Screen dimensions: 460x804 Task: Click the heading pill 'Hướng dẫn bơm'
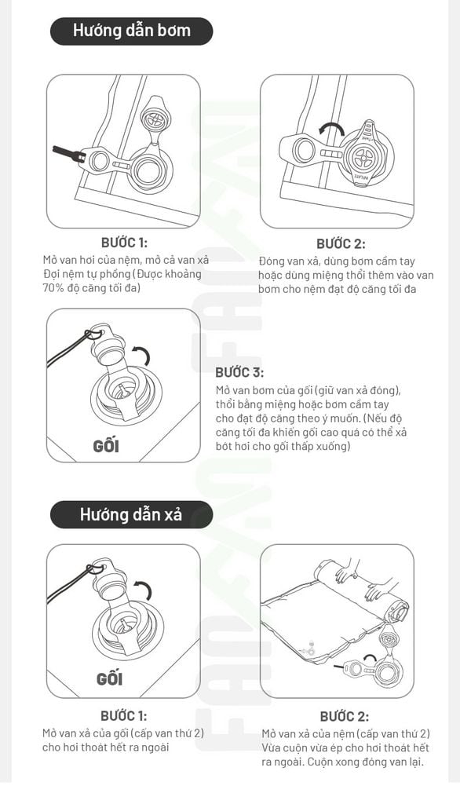[x=131, y=31]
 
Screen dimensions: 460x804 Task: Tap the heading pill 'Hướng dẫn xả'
[x=131, y=514]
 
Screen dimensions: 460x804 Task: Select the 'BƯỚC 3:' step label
[x=239, y=372]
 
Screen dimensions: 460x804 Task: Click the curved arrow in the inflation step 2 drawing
[x=330, y=127]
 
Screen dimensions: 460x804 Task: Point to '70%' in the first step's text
[x=54, y=287]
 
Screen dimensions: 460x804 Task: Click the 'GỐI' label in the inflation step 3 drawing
[x=106, y=446]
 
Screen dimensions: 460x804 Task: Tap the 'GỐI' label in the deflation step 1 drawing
[x=109, y=679]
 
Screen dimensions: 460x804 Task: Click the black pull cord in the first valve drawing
[x=66, y=153]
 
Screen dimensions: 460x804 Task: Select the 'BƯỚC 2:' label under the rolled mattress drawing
[x=344, y=717]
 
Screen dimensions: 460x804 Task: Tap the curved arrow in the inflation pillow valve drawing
[x=142, y=354]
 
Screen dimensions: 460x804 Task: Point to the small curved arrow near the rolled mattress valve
[x=369, y=659]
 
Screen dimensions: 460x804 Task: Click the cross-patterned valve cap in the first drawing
[x=155, y=120]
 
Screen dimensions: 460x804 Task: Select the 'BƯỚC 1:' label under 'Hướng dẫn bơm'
[x=124, y=243]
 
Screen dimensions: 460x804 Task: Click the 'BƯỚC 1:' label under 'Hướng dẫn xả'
[x=123, y=716]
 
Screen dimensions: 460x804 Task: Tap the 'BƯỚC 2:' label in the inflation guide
[x=341, y=243]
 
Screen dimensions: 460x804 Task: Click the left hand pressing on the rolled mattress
[x=348, y=569]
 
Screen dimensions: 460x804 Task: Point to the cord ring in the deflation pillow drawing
[x=94, y=568]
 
